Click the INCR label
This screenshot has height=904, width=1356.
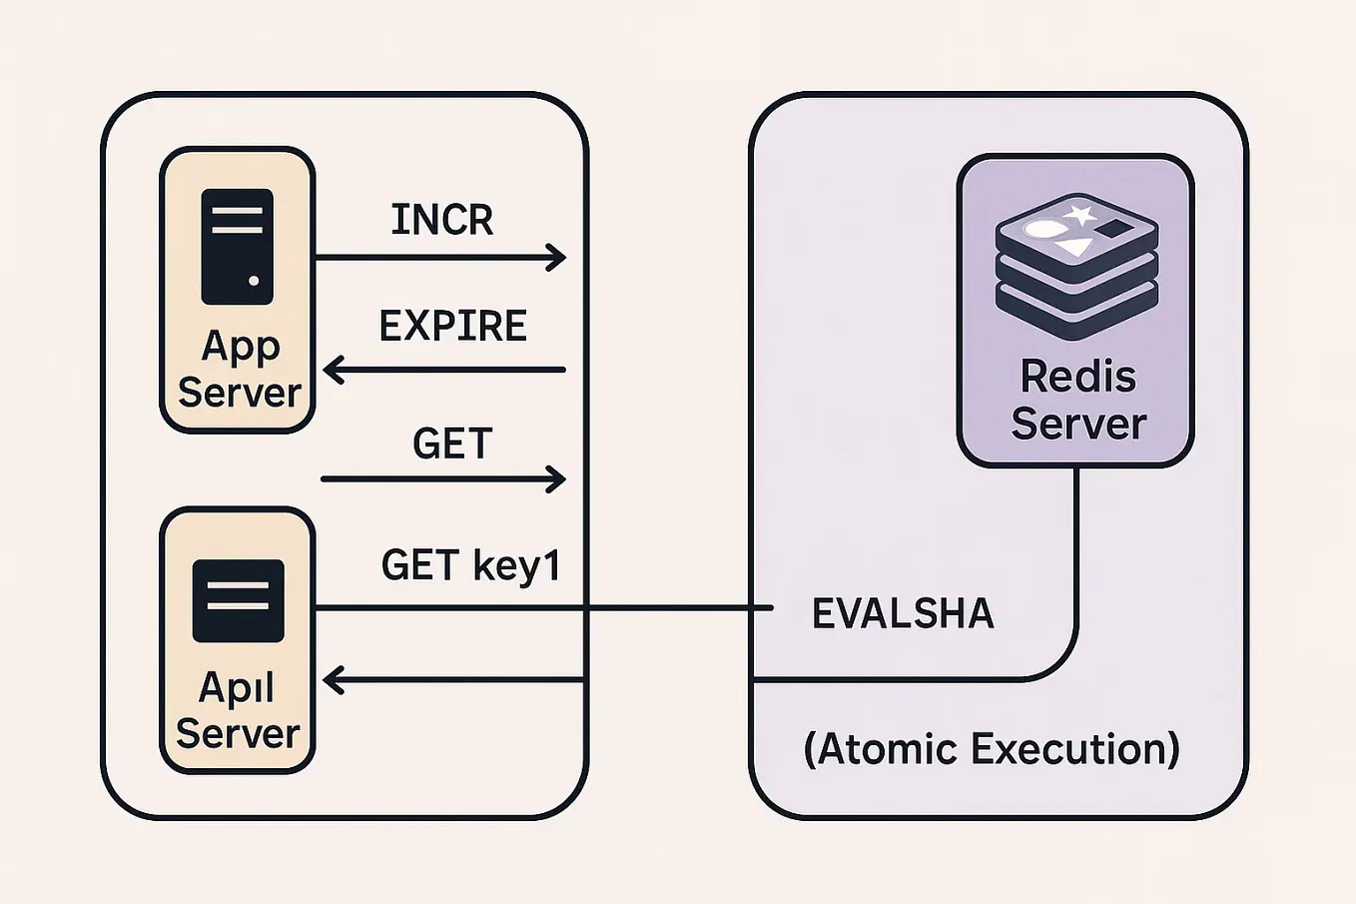[x=442, y=220]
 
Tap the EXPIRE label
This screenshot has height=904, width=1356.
[x=452, y=327]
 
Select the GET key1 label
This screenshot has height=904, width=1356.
[x=471, y=565]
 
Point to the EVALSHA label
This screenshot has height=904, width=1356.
[x=903, y=613]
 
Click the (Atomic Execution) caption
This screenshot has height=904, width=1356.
[x=992, y=748]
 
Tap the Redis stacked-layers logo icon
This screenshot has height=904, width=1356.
[x=1076, y=266]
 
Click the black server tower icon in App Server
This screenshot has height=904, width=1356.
[x=237, y=247]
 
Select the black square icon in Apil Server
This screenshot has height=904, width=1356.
[x=238, y=600]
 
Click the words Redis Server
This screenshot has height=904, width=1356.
[x=1077, y=400]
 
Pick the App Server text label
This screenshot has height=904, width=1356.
[x=240, y=369]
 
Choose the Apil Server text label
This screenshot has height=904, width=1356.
[x=238, y=710]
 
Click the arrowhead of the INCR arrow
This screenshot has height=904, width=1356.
[x=558, y=258]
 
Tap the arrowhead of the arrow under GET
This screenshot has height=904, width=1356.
[x=558, y=479]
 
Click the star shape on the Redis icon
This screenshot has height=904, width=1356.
[x=1080, y=214]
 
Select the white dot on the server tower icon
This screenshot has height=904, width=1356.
[x=254, y=282]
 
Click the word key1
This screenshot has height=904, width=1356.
[x=517, y=566]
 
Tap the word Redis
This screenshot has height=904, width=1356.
[x=1077, y=377]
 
